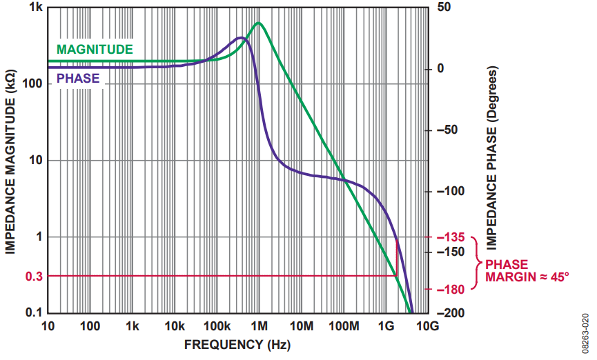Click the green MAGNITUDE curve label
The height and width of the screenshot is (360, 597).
[x=95, y=50]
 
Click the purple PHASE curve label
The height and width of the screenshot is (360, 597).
[x=77, y=79]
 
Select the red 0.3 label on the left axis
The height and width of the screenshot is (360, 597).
[x=33, y=277]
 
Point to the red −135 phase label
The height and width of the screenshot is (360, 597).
[x=449, y=237]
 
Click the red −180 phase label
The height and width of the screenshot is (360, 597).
[x=449, y=289]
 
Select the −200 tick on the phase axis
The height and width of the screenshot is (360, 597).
[x=449, y=313]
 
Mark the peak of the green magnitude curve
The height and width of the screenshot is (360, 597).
[x=259, y=23]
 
